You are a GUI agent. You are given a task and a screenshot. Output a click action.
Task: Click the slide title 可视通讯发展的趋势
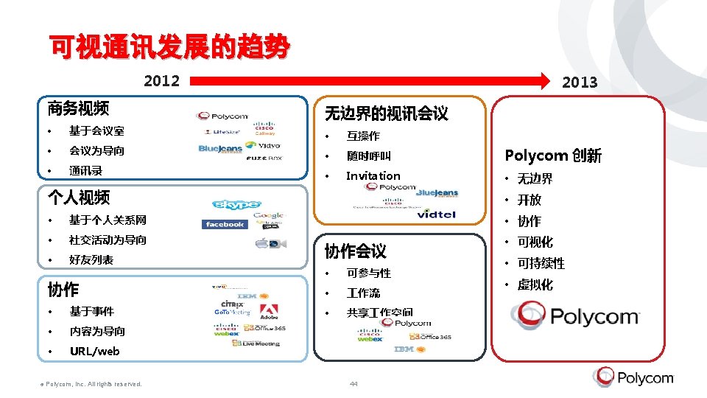coord(169,48)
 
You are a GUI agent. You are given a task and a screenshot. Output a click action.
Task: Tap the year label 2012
coord(161,80)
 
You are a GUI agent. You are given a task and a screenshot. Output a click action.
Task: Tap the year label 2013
coord(580,83)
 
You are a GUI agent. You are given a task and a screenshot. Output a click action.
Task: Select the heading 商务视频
coord(78,109)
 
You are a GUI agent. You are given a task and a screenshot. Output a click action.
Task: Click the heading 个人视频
coord(78,197)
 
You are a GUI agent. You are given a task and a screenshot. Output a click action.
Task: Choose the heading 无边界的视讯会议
coord(386,114)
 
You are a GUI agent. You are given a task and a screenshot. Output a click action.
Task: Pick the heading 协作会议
coord(355,251)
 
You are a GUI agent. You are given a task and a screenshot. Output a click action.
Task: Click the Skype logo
coord(236,204)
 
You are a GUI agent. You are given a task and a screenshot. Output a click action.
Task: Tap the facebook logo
coord(225,224)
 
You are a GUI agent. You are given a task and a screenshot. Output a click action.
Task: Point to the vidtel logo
coord(437,214)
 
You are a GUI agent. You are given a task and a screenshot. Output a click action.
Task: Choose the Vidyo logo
coord(263,146)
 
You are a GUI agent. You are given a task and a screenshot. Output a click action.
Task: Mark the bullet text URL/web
coord(94,352)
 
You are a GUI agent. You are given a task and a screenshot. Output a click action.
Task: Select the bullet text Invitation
coord(373,175)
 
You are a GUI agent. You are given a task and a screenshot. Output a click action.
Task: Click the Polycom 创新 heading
coord(552,156)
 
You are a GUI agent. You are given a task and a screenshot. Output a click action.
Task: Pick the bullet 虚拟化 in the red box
coord(535,285)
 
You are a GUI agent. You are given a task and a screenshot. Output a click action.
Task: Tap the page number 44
coord(353,383)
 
